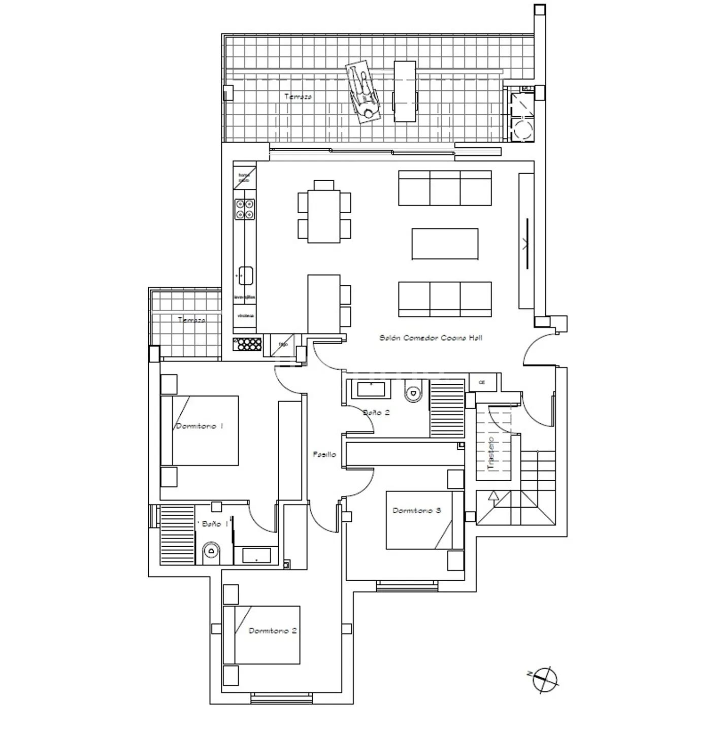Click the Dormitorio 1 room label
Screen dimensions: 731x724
click(200, 426)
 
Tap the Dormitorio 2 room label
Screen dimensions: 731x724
click(273, 631)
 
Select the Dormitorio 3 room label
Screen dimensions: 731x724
click(417, 511)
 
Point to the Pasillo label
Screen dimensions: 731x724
click(324, 455)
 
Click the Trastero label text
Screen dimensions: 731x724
click(490, 453)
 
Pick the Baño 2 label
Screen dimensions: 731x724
click(376, 413)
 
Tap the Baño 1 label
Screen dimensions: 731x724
click(211, 524)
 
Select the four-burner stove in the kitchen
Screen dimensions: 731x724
click(244, 209)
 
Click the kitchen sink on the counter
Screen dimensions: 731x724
click(246, 275)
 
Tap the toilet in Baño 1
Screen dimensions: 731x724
click(211, 552)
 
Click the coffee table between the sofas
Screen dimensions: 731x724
click(445, 244)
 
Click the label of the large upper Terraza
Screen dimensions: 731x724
click(298, 96)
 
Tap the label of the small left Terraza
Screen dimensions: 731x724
click(192, 320)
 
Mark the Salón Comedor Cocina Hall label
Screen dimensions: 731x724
click(431, 338)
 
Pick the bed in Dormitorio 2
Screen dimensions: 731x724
click(261, 635)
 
